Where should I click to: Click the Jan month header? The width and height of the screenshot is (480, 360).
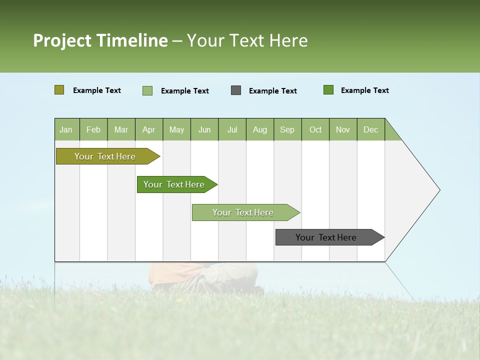coord(66,129)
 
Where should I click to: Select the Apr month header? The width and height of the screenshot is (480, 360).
coord(149,129)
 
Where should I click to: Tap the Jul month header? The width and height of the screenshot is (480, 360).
coord(232,129)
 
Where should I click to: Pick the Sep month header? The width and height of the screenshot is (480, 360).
coord(287,129)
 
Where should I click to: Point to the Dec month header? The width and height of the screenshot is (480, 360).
coord(370,129)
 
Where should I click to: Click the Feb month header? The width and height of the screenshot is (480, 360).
coord(93,129)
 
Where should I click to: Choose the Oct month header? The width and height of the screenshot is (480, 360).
coord(315,129)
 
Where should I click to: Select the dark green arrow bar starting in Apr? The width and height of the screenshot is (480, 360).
coord(175,184)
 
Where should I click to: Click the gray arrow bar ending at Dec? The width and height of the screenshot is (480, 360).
coord(327,237)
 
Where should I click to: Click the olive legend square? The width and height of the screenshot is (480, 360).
coord(59,90)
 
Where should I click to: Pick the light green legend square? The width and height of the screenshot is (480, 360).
coord(147,90)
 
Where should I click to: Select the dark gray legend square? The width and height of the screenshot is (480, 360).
coord(236,90)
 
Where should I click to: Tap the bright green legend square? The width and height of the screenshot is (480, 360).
coord(328,90)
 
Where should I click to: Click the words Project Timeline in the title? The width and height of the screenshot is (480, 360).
coord(100,40)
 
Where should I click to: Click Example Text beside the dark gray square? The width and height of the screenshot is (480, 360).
coord(272,91)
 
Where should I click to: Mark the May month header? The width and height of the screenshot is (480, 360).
coord(176,129)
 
